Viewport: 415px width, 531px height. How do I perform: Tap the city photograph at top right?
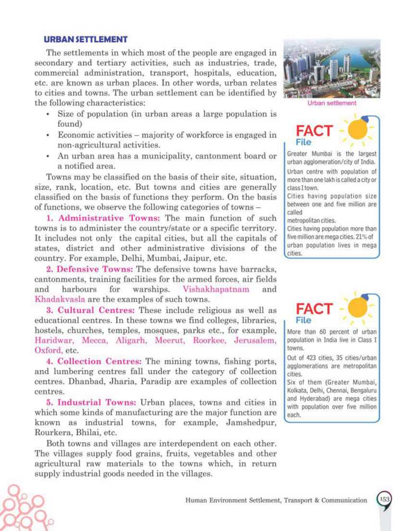[332, 68]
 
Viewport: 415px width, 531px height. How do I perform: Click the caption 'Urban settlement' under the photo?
[332, 104]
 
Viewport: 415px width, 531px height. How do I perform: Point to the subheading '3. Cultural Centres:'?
[91, 311]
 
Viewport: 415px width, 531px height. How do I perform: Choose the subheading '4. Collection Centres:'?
[96, 362]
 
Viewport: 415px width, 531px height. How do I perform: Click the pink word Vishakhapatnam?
[214, 290]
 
